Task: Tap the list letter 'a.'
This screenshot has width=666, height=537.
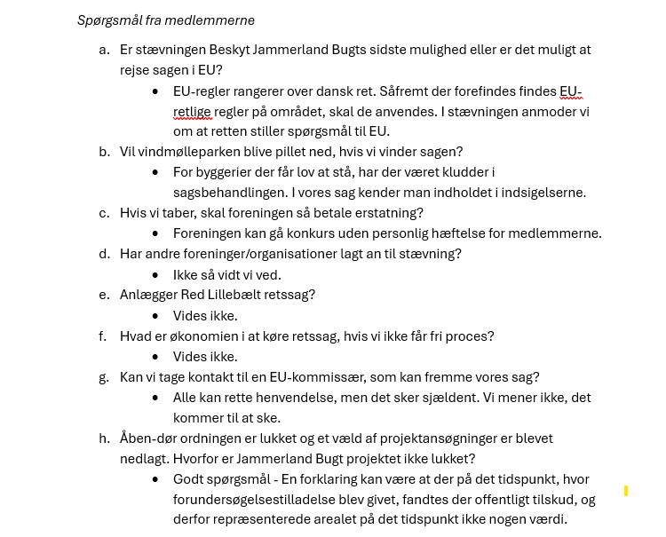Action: point(104,50)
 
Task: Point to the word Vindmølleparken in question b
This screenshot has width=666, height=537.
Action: point(191,152)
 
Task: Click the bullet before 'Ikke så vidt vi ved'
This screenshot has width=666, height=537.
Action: point(155,275)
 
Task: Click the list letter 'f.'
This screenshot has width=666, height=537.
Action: point(104,336)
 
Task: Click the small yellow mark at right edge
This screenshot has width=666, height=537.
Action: point(626,491)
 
